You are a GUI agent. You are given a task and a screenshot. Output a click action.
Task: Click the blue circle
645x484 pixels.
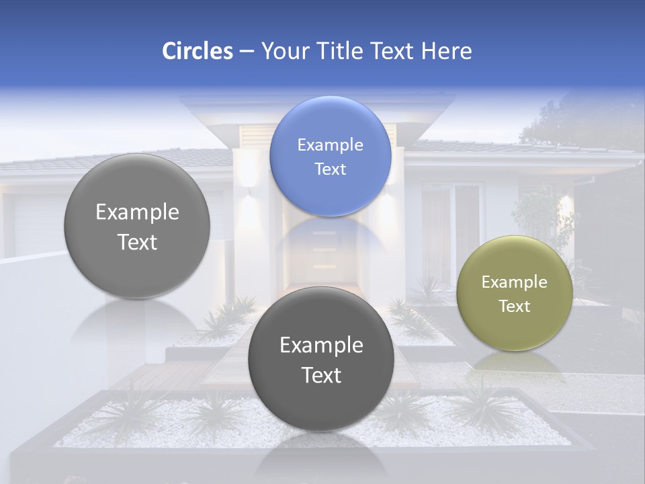click(x=330, y=156)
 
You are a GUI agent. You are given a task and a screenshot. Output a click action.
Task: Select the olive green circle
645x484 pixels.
click(x=514, y=293)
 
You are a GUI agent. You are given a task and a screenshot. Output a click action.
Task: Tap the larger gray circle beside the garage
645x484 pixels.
click(x=137, y=226)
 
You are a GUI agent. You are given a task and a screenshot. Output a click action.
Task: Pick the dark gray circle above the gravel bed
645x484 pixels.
click(x=321, y=359)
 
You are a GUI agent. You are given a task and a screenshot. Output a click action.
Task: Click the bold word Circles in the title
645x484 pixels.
click(x=197, y=51)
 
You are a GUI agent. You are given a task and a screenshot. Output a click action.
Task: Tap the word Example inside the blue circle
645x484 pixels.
click(x=330, y=145)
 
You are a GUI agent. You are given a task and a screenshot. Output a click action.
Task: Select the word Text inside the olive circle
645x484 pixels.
click(x=515, y=306)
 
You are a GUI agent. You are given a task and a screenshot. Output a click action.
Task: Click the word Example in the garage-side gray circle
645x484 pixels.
click(x=137, y=212)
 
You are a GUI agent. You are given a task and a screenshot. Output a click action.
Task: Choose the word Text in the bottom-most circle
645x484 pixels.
click(x=321, y=374)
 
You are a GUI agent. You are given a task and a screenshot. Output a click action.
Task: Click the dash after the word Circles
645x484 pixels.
click(x=247, y=52)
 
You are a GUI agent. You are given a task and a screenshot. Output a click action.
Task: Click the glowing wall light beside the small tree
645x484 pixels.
click(x=566, y=202)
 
